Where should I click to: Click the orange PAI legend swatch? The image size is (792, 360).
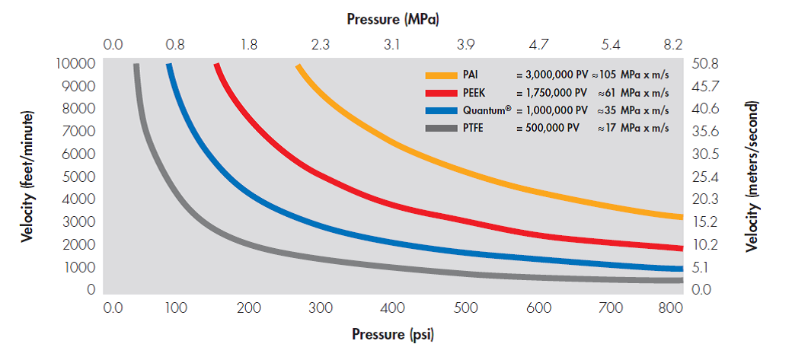pos(439,75)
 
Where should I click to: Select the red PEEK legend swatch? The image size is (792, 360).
pos(439,93)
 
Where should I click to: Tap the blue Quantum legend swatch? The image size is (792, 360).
pos(439,110)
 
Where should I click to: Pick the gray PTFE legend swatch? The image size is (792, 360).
pos(439,128)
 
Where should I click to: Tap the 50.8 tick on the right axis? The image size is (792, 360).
pos(704,63)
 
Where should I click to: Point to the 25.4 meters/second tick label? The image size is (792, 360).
pos(704,177)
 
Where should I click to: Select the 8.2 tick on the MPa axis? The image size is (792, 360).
pos(672,45)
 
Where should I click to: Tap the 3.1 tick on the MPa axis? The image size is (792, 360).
pos(391,45)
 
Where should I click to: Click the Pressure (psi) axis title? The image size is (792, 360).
pos(393,334)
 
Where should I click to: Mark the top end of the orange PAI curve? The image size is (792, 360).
pos(299,67)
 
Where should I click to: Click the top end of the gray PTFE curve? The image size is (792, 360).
pos(137,66)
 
